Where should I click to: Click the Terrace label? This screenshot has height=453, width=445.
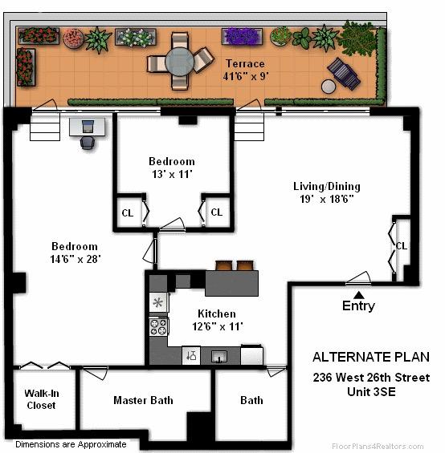243,63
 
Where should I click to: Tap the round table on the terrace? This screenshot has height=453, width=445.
180,59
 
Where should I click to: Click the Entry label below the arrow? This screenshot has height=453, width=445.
358,305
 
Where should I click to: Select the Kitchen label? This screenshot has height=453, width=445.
217,313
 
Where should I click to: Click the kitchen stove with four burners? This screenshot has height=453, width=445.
158,326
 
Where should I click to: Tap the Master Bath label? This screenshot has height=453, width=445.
143,400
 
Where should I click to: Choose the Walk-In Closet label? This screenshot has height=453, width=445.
42,399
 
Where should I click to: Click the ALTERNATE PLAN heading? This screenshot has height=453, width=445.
370,358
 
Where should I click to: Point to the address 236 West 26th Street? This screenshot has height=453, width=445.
370,378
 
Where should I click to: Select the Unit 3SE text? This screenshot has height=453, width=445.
370,392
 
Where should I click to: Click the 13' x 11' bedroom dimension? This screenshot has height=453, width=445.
171,173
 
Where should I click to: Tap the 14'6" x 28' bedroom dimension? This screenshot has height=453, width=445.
75,259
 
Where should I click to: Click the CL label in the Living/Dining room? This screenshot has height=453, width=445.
401,245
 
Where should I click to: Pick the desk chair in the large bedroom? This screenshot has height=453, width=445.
88,141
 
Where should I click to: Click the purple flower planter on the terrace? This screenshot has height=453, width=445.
240,36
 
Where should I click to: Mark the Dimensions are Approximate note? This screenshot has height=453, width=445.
71,443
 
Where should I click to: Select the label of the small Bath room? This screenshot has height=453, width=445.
251,400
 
